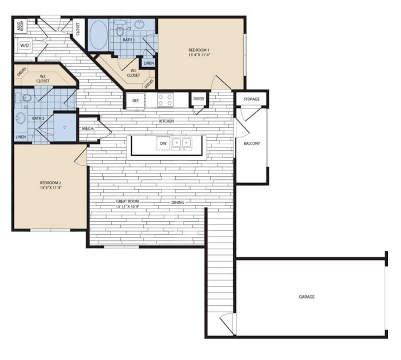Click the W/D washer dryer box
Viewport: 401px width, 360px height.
point(24,45)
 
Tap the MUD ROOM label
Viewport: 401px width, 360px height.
point(20,26)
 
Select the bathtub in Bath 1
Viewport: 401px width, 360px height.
point(98,35)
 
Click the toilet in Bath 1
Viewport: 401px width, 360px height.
point(120,30)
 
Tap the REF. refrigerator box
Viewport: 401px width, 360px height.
point(135,100)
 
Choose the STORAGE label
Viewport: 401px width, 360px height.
point(251,99)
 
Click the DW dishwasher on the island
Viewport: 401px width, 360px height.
point(163,144)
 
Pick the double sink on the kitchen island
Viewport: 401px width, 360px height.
point(181,143)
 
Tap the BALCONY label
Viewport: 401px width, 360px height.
point(252,144)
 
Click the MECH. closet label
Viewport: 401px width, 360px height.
point(88,129)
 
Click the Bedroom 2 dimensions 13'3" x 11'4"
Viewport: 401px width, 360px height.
point(50,187)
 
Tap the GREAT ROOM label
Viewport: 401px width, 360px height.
point(127,201)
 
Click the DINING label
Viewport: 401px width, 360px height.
point(177,202)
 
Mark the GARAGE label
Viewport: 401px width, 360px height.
point(306,297)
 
